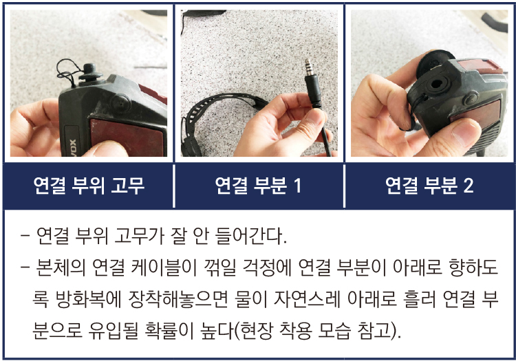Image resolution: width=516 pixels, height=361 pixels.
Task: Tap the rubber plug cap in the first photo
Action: click(x=90, y=74)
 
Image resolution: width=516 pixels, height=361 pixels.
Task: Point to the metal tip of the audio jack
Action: click(x=308, y=67)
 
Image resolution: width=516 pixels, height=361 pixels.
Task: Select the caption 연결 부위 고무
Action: click(x=89, y=186)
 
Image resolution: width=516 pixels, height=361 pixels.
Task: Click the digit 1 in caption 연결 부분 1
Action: click(x=297, y=186)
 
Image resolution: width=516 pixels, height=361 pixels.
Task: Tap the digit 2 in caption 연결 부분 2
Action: click(x=469, y=186)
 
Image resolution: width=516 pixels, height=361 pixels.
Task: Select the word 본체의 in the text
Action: click(x=61, y=267)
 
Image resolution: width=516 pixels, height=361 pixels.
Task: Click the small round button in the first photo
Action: click(x=121, y=103)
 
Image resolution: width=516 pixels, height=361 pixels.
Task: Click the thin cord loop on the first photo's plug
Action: click(x=68, y=73)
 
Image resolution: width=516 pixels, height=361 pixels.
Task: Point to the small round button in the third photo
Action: click(x=470, y=98)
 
